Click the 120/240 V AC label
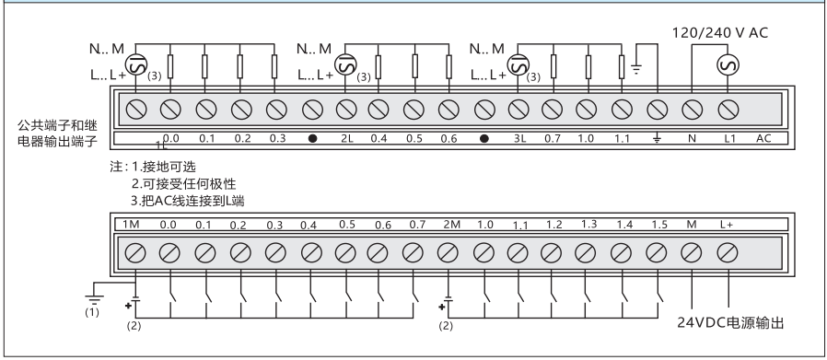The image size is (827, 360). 720,33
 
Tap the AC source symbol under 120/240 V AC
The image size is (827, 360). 728,65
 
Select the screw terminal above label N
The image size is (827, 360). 691,110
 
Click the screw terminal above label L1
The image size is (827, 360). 728,110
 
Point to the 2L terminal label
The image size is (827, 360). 346,139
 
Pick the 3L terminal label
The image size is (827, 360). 519,139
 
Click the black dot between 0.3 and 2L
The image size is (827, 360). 313,139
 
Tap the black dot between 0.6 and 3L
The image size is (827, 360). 484,139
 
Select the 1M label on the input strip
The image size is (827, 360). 131,225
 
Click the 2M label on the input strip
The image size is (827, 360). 451,225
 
